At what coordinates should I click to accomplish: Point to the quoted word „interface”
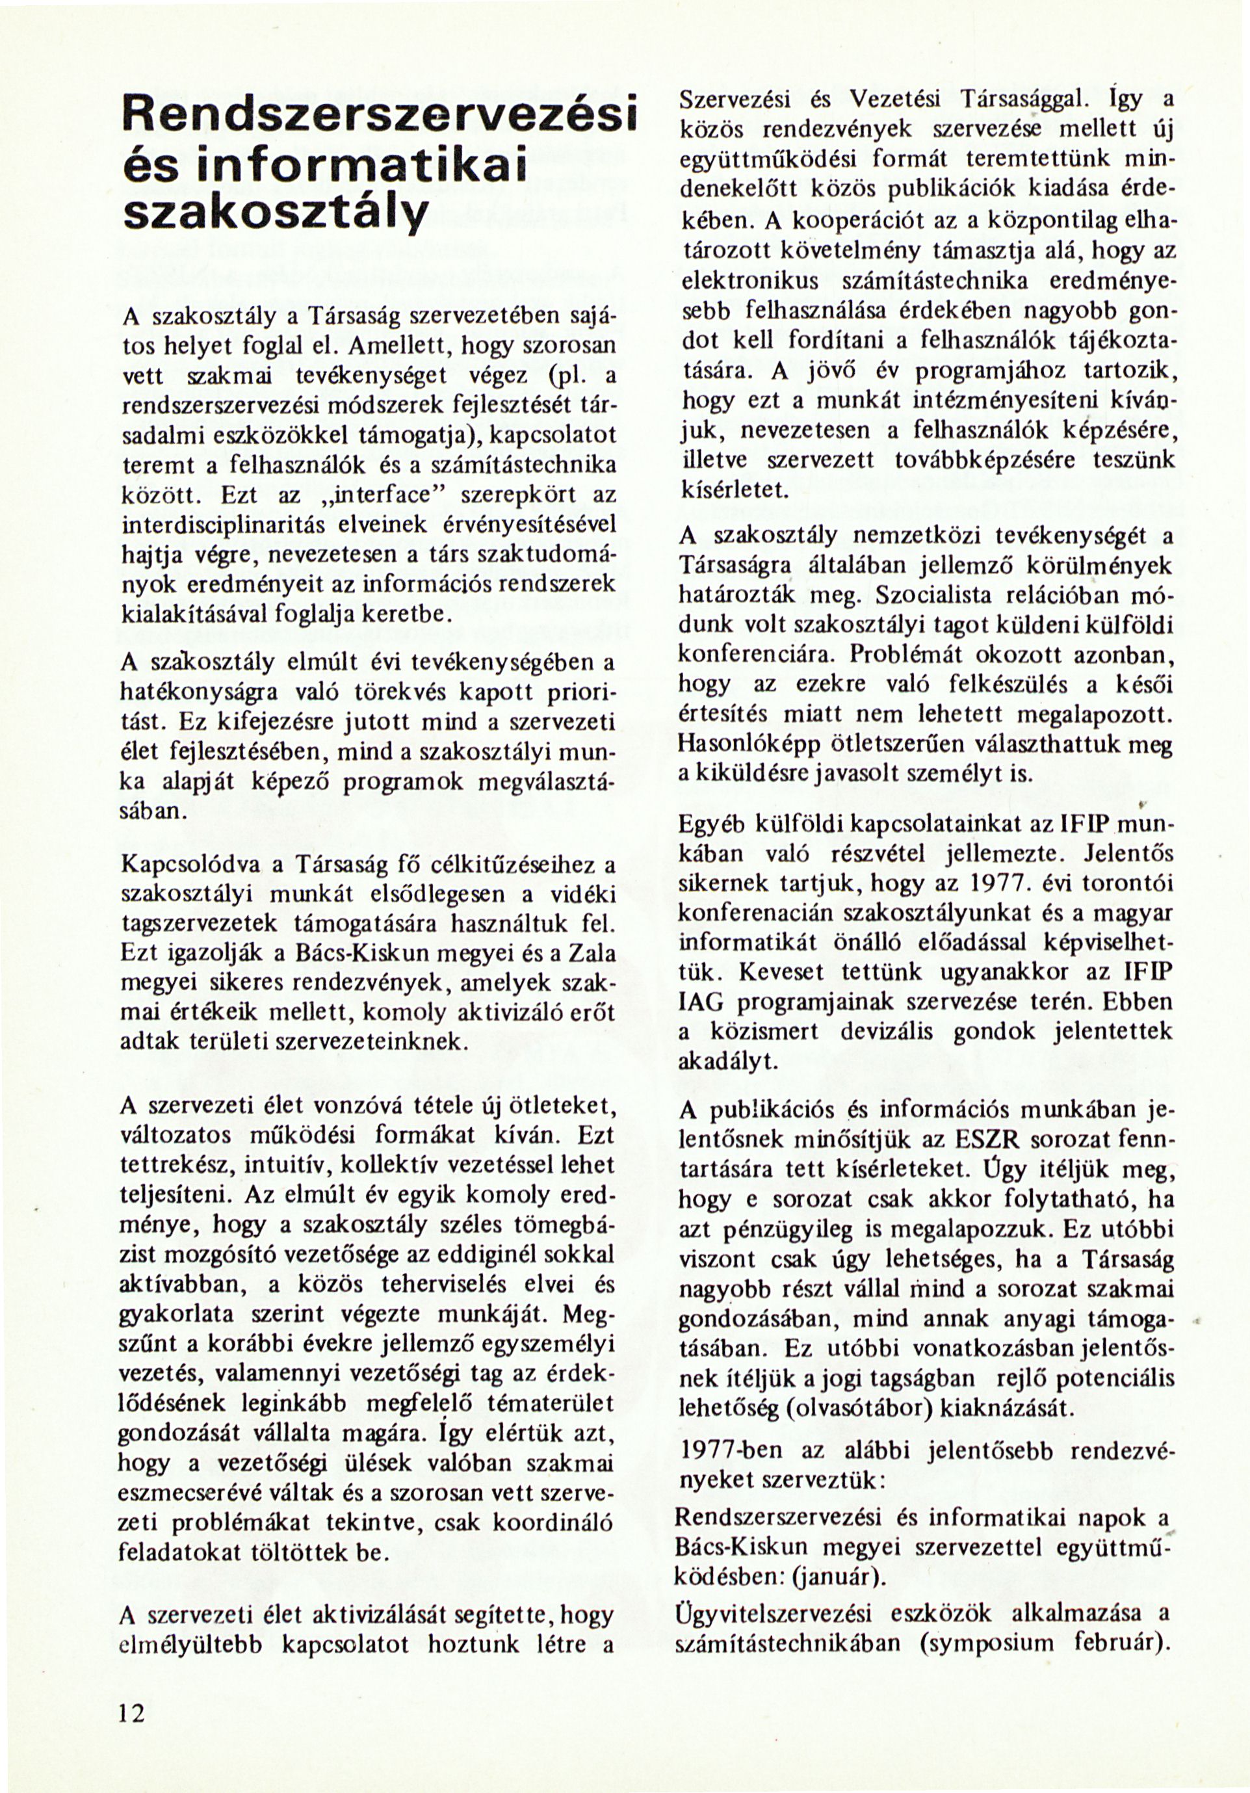pos(357,496)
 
